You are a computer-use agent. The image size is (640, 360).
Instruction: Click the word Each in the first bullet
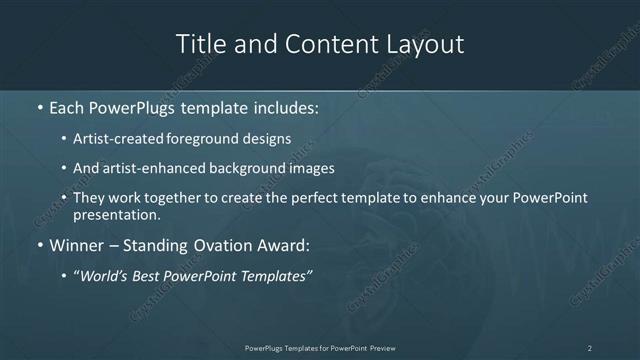click(x=67, y=105)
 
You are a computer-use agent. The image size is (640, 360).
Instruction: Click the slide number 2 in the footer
click(x=590, y=348)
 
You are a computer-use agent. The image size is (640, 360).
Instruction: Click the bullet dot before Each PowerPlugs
click(x=39, y=106)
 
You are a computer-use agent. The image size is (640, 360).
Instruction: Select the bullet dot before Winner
click(x=39, y=245)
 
